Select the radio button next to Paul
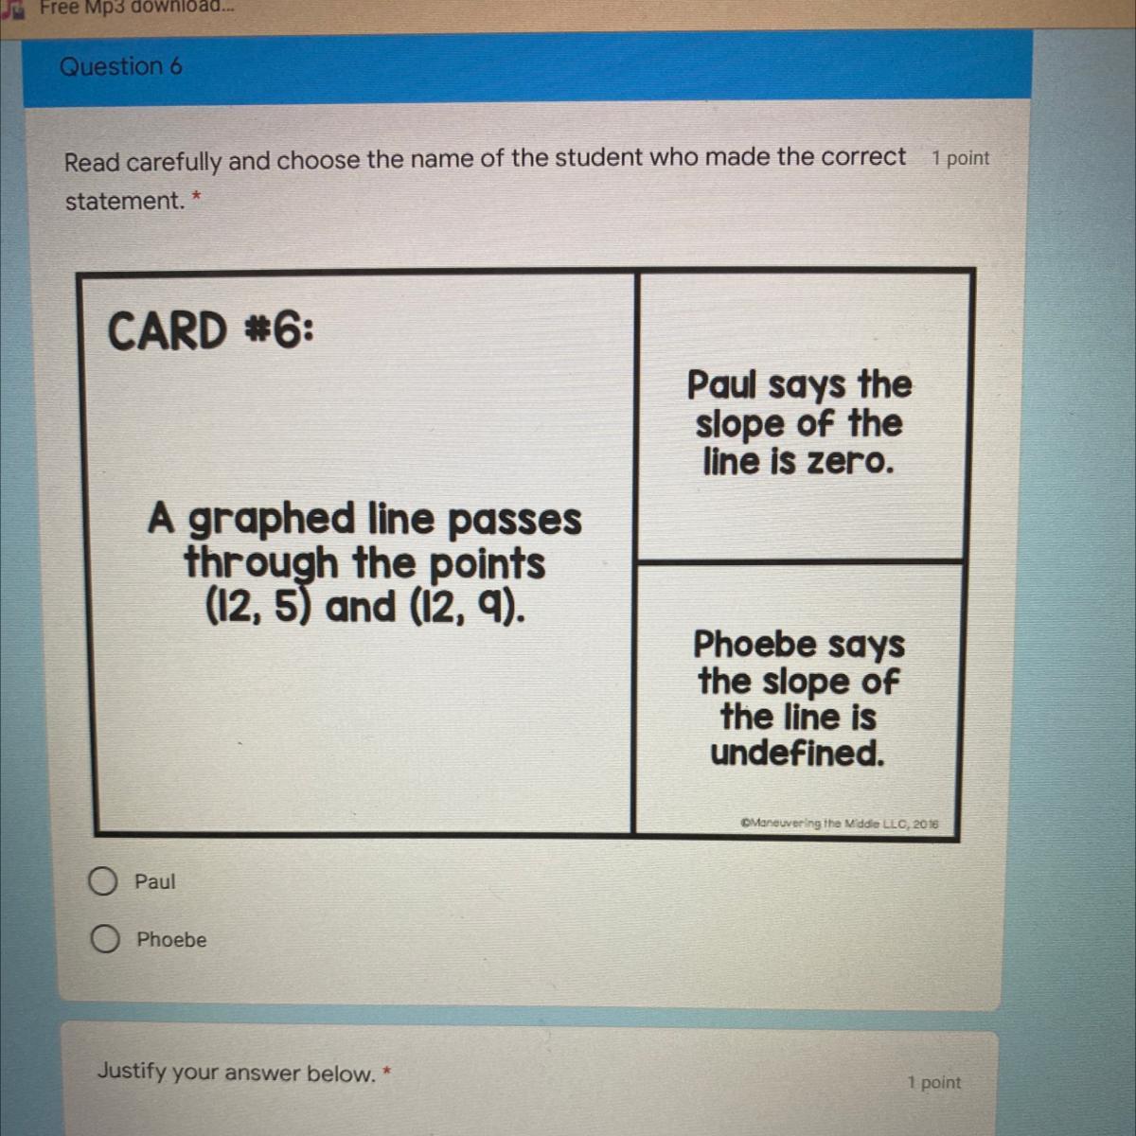(103, 881)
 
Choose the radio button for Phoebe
(105, 938)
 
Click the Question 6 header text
(121, 66)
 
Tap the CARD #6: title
(210, 330)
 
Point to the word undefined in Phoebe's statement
(798, 753)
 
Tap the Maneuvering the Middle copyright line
(840, 824)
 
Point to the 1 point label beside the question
(960, 158)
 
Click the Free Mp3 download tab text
(136, 7)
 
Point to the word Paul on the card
(721, 385)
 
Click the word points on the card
(487, 565)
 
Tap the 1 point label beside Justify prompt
(934, 1082)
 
